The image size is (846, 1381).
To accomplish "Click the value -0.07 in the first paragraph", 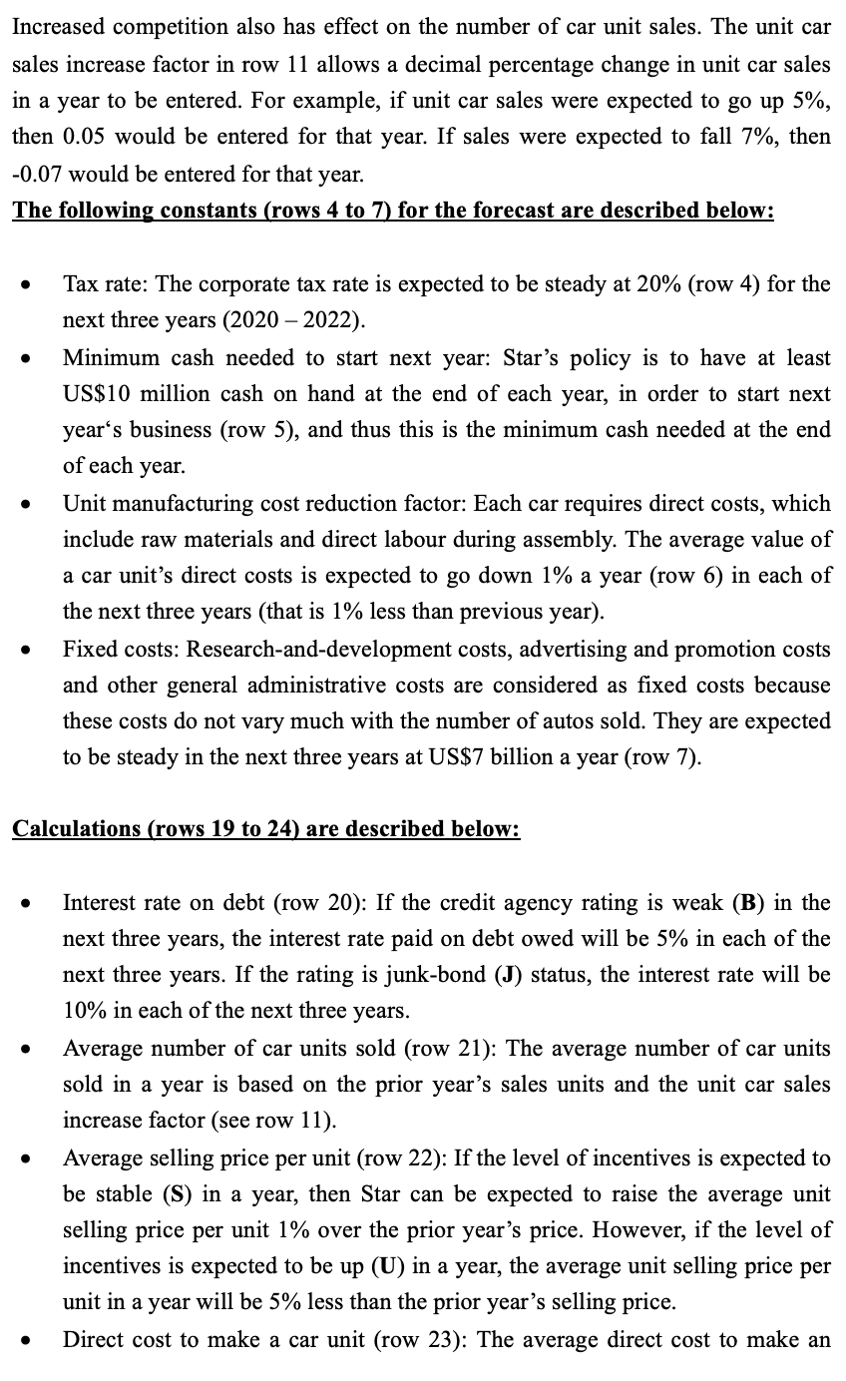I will click(x=37, y=173).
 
